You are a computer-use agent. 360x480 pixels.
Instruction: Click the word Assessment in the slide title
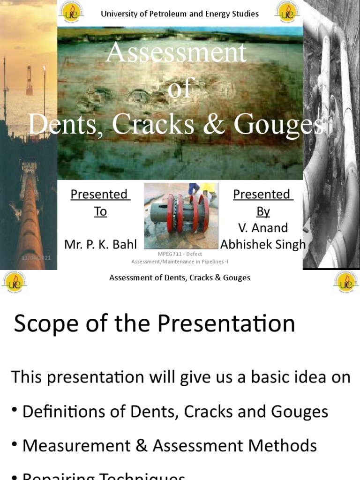coord(176,52)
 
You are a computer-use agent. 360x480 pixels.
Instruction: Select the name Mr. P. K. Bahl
coord(100,244)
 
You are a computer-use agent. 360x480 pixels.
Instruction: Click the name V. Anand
coord(263,228)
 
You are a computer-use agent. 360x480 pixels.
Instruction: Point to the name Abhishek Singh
coord(263,244)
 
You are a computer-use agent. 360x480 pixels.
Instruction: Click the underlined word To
coord(100,211)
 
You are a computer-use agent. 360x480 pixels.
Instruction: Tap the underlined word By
coord(263,211)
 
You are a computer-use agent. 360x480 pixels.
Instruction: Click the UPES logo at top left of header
coord(71,13)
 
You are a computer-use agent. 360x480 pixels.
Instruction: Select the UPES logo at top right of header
coord(287,13)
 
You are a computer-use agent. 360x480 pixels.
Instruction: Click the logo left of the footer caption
coord(14,281)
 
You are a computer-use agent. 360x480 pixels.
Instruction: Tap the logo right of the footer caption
coord(346,281)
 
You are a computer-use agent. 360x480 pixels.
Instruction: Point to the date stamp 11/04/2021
coord(36,258)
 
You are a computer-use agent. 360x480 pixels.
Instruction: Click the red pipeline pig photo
coord(181,216)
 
